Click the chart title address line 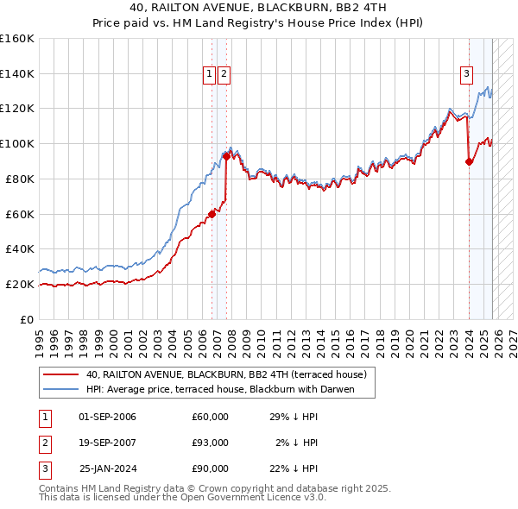click(x=259, y=8)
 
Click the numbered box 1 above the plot click(x=210, y=75)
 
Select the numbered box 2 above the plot click(x=224, y=75)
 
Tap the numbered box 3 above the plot click(x=466, y=75)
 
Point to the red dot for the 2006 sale click(x=212, y=214)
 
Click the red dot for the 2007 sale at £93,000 click(x=226, y=155)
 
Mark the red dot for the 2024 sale click(x=469, y=160)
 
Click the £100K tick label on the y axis click(x=17, y=143)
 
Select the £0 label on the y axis click(x=27, y=319)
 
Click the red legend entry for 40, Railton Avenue click(x=227, y=374)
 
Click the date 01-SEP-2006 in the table click(x=107, y=417)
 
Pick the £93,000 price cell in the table click(x=210, y=443)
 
